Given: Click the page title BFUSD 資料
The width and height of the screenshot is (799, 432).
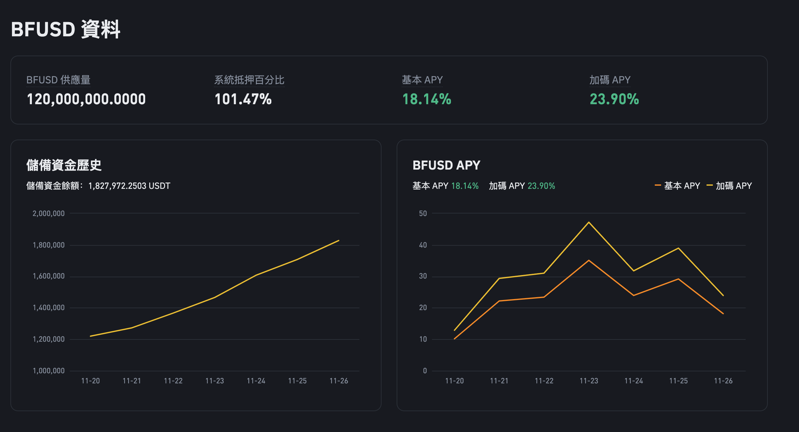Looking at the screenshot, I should pyautogui.click(x=66, y=29).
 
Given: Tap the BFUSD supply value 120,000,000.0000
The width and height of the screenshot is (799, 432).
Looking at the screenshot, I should pyautogui.click(x=86, y=99).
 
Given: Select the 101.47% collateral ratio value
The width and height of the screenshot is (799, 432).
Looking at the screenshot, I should pyautogui.click(x=243, y=99).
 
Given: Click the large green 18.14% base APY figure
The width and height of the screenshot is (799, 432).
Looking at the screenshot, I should pyautogui.click(x=427, y=99).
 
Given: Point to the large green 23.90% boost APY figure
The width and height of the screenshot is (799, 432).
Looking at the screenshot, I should pyautogui.click(x=614, y=99).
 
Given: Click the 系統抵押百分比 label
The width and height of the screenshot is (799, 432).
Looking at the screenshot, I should pyautogui.click(x=249, y=80).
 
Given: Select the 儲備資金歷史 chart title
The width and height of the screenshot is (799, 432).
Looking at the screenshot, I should pyautogui.click(x=64, y=165).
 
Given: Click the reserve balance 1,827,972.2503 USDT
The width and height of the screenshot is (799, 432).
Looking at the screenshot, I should pyautogui.click(x=129, y=186).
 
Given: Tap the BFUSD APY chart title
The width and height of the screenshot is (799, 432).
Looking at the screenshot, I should pyautogui.click(x=446, y=165).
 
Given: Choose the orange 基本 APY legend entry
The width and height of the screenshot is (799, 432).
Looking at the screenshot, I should pyautogui.click(x=678, y=186).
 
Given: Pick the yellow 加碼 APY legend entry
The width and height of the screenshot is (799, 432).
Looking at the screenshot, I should pyautogui.click(x=730, y=186).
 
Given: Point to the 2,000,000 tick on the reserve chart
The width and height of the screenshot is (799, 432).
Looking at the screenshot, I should pyautogui.click(x=49, y=213).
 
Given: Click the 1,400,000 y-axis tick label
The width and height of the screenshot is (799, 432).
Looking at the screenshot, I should pyautogui.click(x=49, y=308).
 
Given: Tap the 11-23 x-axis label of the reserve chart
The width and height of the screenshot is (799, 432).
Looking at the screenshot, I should pyautogui.click(x=215, y=381).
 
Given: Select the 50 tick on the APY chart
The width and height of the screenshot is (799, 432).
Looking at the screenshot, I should pyautogui.click(x=423, y=213).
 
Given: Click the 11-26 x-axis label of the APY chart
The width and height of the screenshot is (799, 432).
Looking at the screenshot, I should pyautogui.click(x=723, y=381).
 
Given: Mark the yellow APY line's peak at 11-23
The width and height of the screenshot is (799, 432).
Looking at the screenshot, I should pyautogui.click(x=589, y=222).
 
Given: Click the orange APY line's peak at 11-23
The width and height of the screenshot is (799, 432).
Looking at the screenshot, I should pyautogui.click(x=589, y=261).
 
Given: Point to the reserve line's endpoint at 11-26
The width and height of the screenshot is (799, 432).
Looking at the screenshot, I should pyautogui.click(x=339, y=241).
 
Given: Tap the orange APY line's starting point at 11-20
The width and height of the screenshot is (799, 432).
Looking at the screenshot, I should pyautogui.click(x=454, y=339).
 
